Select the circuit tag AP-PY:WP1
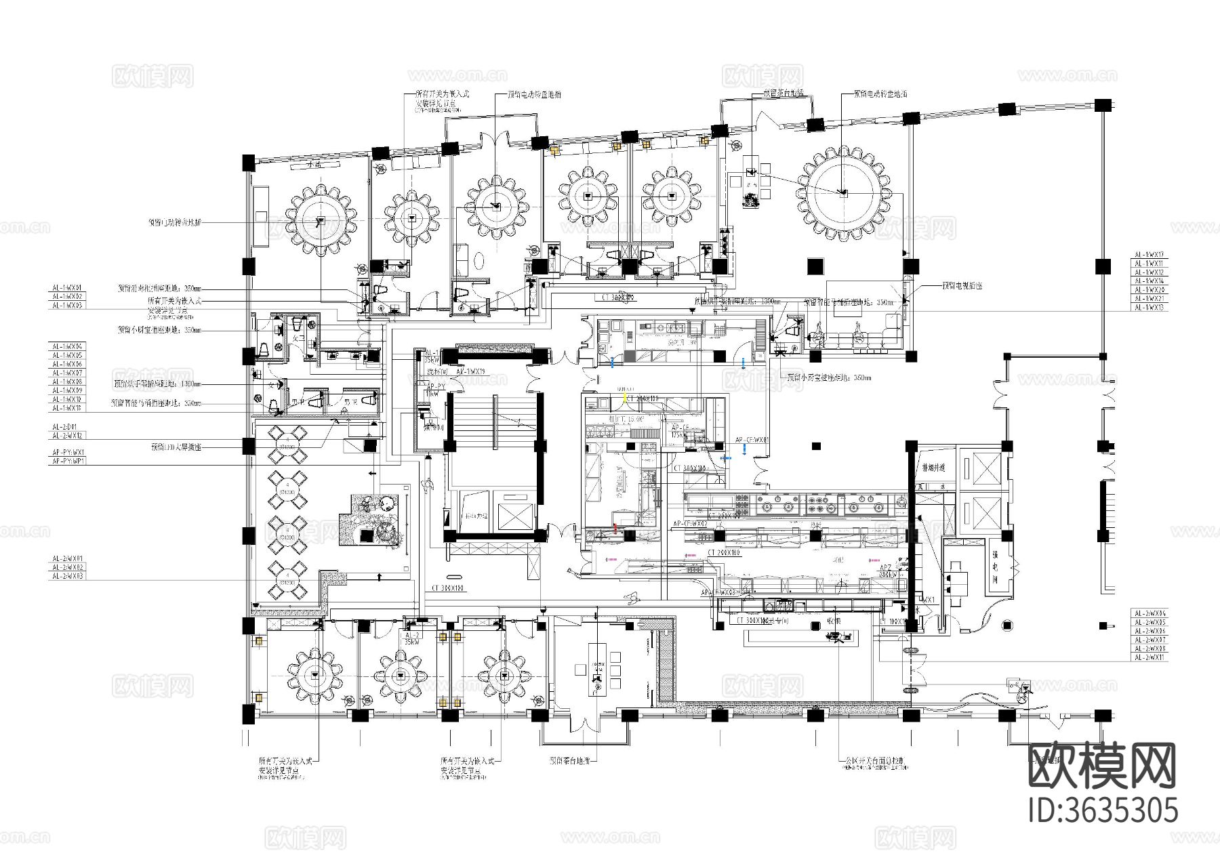pyautogui.click(x=68, y=461)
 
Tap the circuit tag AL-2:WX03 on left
pyautogui.click(x=68, y=576)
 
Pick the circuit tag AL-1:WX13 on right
pyautogui.click(x=1150, y=308)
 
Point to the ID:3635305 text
pyautogui.click(x=1103, y=810)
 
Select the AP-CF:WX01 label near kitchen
pyautogui.click(x=752, y=440)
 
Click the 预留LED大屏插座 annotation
pyautogui.click(x=176, y=448)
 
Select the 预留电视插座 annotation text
pyautogui.click(x=962, y=286)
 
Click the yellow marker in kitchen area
pyautogui.click(x=624, y=399)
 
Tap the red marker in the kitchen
pyautogui.click(x=615, y=528)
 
